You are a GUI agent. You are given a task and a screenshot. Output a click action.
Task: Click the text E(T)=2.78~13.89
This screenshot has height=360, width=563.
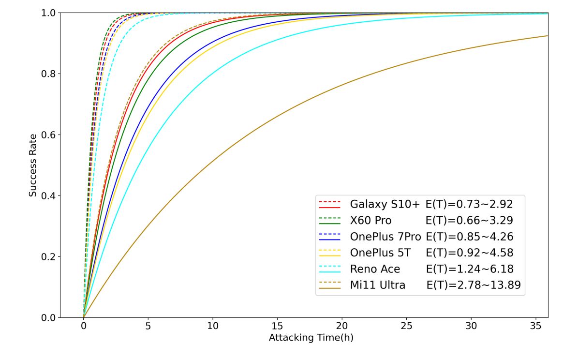point(474,286)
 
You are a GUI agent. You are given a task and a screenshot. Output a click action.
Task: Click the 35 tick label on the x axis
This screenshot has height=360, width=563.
point(535,327)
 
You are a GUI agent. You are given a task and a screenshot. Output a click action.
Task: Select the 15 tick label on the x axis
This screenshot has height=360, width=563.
point(277,327)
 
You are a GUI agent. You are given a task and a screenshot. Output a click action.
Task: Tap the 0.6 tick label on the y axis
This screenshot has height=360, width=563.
point(48,135)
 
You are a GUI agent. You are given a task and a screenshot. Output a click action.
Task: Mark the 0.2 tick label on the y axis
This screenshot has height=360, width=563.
point(48,256)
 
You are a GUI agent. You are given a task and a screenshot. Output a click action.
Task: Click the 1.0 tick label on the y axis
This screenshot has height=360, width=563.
point(48,13)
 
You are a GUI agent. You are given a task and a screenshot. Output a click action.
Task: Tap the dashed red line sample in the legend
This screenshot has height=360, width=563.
point(330,200)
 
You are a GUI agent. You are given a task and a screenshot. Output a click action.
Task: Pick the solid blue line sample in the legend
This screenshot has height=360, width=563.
point(330,240)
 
